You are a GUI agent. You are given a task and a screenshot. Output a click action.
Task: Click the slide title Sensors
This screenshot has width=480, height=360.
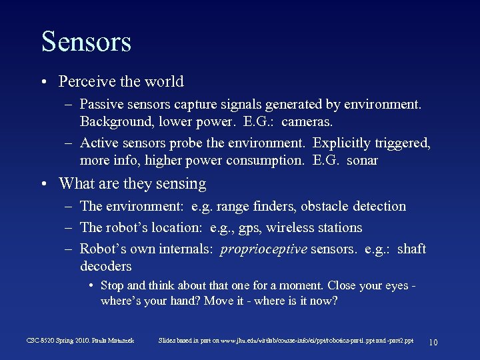click(x=86, y=41)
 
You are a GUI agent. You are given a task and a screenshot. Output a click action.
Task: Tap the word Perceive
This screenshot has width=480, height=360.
click(x=84, y=81)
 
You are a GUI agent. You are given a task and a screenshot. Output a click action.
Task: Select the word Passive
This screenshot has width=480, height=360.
click(x=101, y=104)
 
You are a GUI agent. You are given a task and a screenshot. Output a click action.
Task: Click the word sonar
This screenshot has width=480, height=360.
click(x=362, y=160)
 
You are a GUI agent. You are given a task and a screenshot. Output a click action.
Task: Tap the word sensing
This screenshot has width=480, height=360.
click(x=181, y=183)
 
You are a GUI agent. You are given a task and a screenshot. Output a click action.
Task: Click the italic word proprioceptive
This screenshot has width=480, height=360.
click(x=263, y=249)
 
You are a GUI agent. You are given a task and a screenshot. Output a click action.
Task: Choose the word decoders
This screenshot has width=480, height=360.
click(x=105, y=266)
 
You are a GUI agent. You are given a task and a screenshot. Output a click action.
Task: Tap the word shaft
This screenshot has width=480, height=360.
click(x=411, y=249)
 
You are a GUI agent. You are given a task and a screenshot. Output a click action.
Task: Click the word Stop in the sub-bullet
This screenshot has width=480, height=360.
click(x=111, y=285)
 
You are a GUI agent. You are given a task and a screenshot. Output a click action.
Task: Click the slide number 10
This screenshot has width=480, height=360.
click(x=433, y=342)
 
